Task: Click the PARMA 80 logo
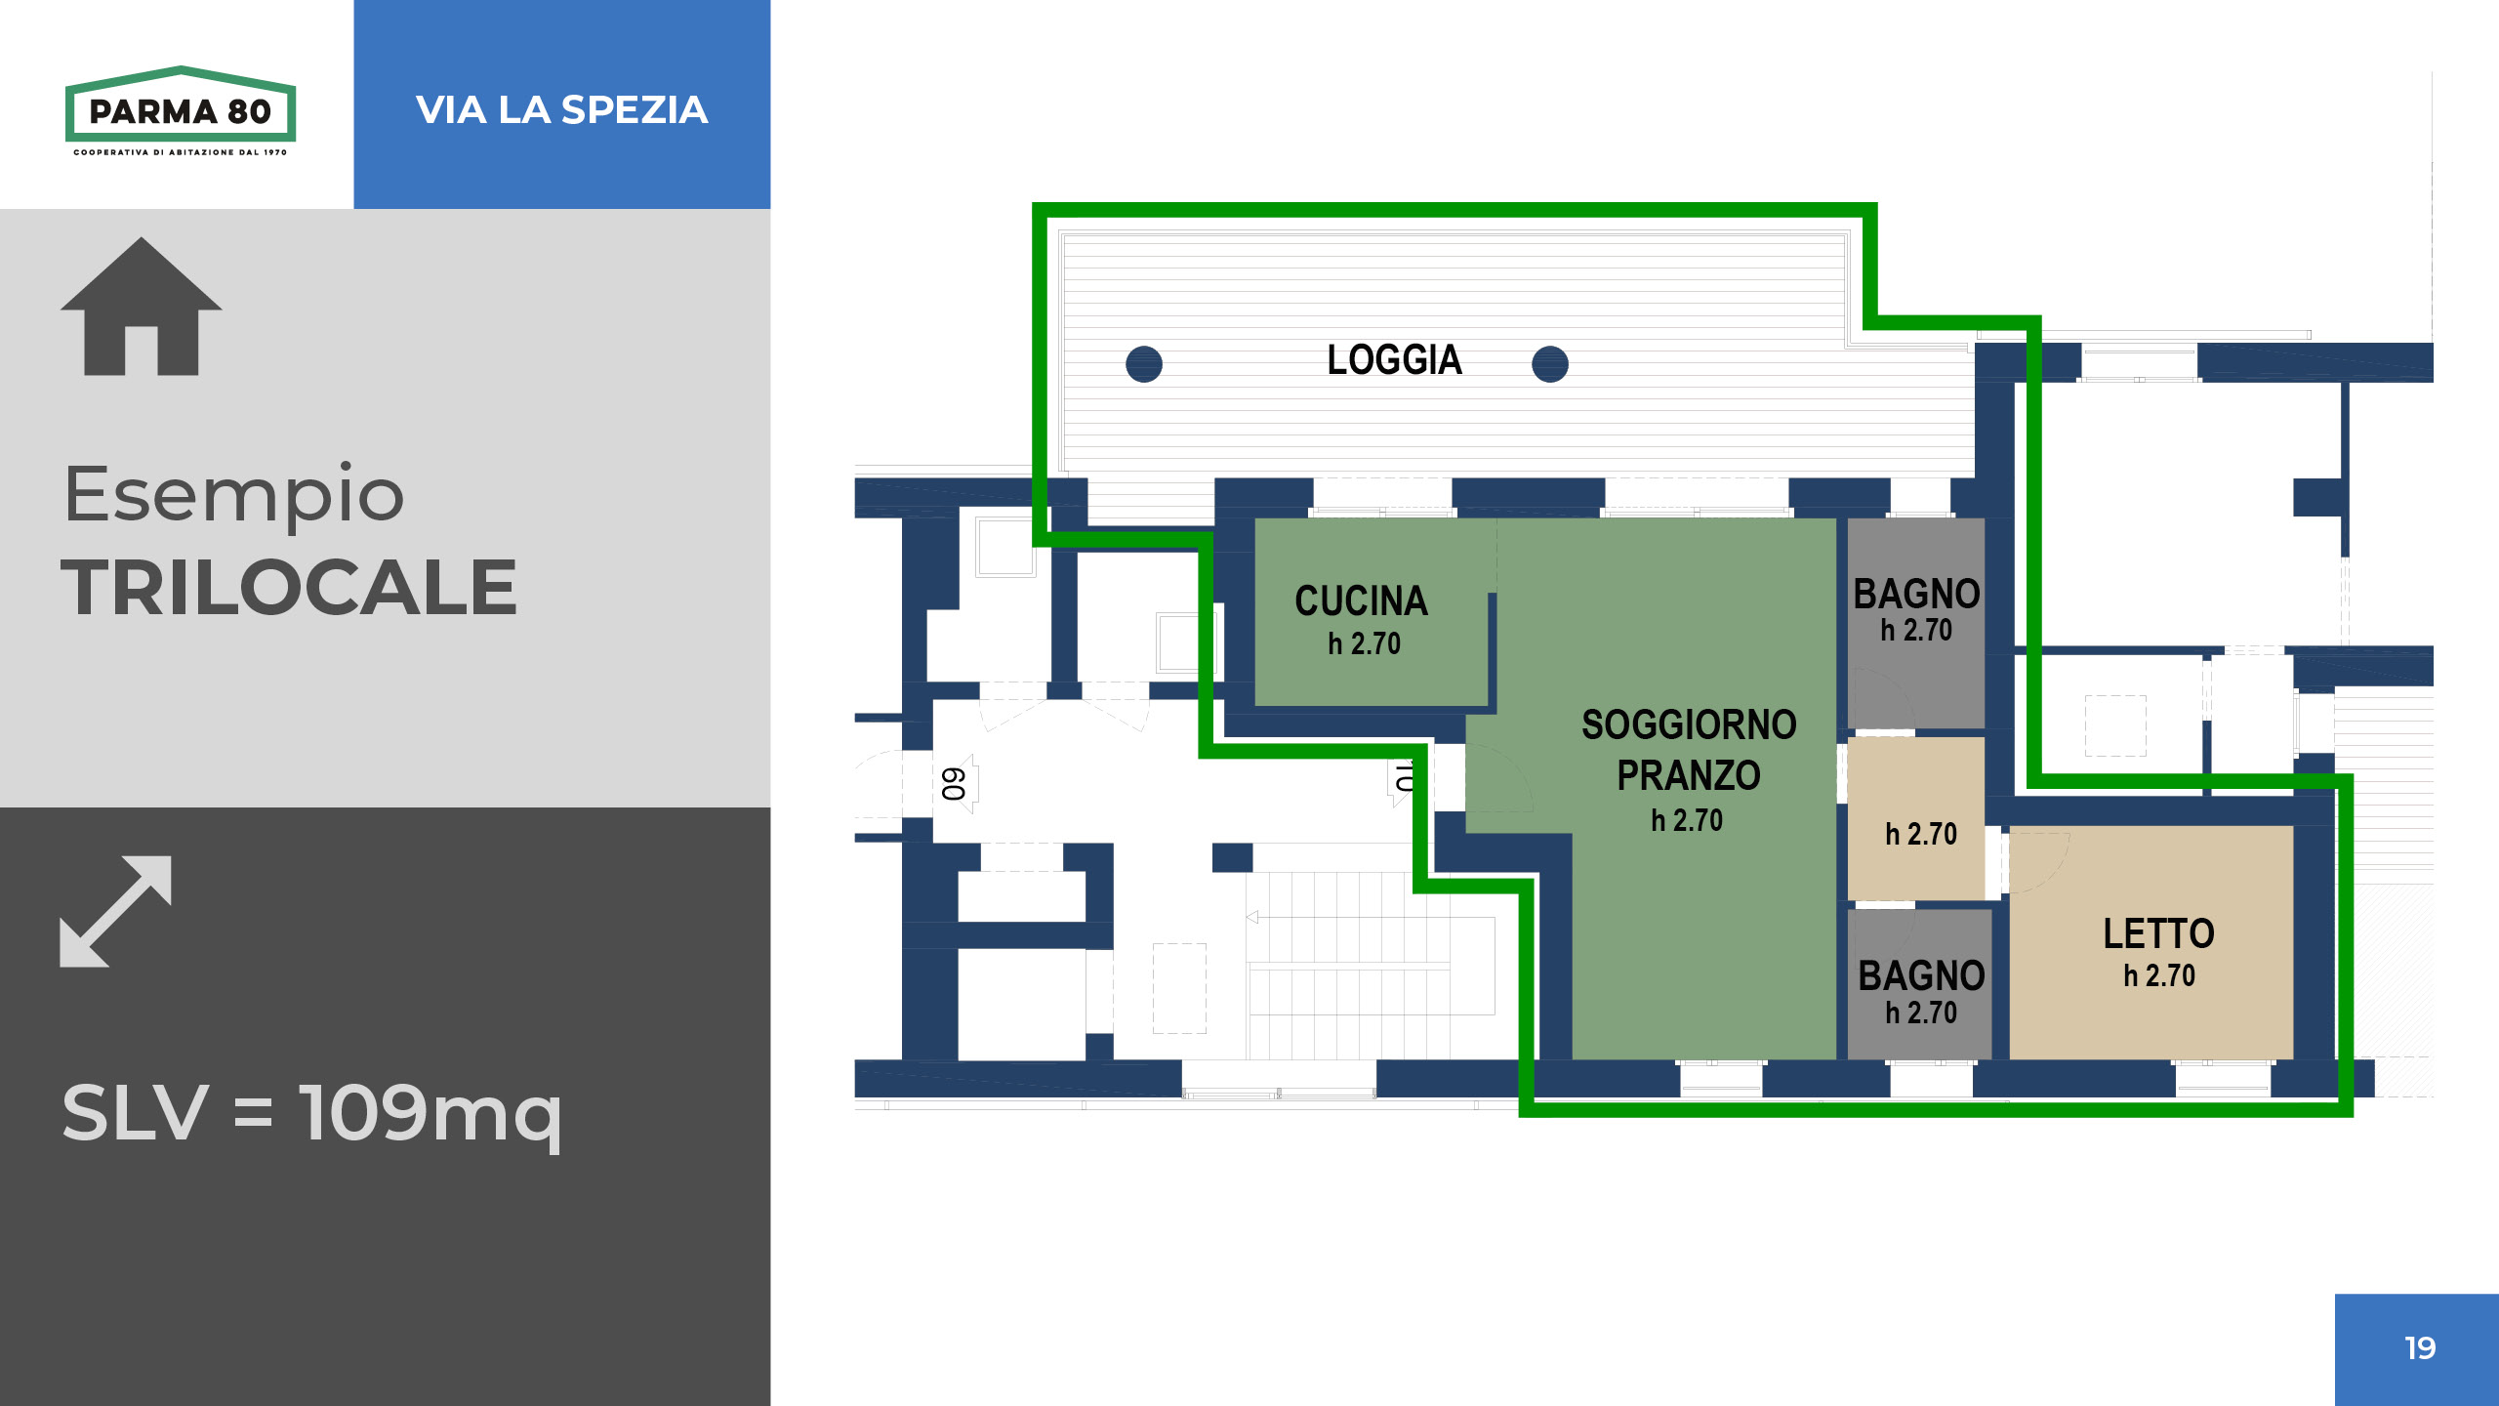point(181,110)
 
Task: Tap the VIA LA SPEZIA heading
point(561,109)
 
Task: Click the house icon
point(142,307)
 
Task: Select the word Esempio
point(233,495)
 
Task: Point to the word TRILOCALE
point(289,588)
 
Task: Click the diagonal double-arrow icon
point(115,912)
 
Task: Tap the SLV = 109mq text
point(311,1113)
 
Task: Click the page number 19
point(2420,1348)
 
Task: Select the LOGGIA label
point(1394,360)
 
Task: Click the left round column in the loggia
point(1144,364)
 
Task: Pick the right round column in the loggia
point(1550,364)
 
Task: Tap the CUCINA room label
point(1362,601)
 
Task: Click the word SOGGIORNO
point(1689,725)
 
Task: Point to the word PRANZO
point(1689,776)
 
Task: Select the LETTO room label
point(2158,934)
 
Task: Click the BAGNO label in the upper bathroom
point(1917,595)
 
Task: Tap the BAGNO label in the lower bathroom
point(1921,976)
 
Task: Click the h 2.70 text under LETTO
point(2159,975)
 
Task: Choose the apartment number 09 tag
point(954,784)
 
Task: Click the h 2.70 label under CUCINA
point(1364,643)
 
